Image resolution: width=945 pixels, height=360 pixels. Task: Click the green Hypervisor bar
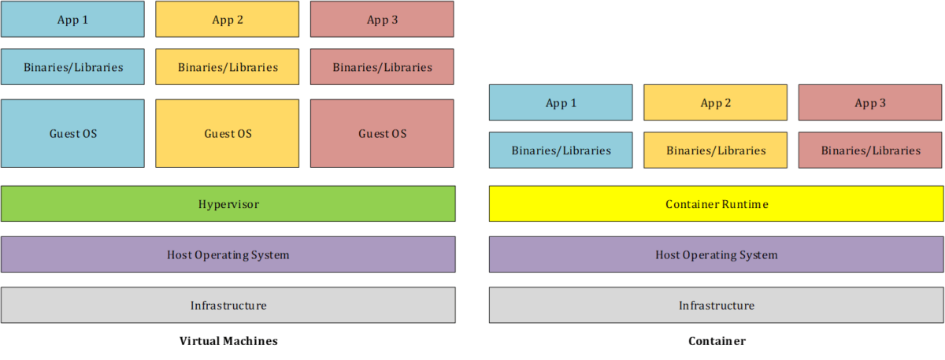click(228, 204)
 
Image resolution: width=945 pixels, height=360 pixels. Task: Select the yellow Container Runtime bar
click(716, 204)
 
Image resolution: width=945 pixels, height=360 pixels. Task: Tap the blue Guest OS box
click(72, 133)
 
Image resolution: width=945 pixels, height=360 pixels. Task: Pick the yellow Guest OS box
click(228, 133)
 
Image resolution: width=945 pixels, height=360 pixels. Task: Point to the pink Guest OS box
click(382, 133)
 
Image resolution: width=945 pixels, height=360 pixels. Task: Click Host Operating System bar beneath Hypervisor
click(228, 254)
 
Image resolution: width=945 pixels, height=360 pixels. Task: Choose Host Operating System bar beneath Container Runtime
click(716, 254)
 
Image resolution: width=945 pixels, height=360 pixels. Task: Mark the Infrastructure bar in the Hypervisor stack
click(228, 305)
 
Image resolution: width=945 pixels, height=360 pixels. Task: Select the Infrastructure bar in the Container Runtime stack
click(716, 305)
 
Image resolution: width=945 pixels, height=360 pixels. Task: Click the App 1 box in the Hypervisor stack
click(72, 19)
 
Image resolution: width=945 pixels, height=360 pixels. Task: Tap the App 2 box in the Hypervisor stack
click(228, 19)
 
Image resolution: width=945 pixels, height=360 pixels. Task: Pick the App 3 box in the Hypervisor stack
click(382, 19)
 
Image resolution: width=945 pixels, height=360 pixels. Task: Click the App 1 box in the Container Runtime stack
click(561, 102)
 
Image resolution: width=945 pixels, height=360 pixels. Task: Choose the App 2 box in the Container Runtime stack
click(716, 102)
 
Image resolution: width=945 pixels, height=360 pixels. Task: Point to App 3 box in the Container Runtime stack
click(870, 102)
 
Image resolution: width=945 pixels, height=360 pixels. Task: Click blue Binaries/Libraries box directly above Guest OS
click(72, 67)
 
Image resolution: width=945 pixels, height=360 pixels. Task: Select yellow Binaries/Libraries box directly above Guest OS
click(228, 67)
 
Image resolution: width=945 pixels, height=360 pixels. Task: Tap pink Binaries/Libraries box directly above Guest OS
click(382, 67)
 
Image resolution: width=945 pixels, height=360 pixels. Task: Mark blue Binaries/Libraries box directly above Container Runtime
click(561, 150)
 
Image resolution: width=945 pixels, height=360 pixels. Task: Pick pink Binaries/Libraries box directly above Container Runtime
click(870, 150)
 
